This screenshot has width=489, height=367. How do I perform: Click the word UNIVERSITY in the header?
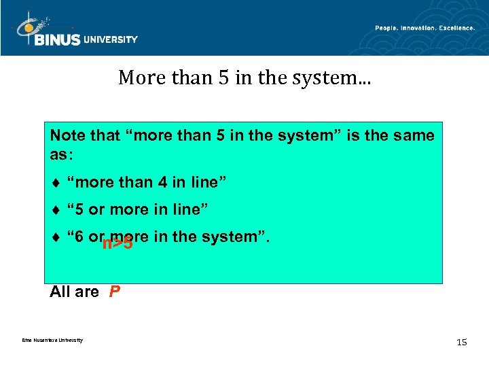click(x=110, y=39)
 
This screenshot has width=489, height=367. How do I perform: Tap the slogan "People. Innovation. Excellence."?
click(x=424, y=27)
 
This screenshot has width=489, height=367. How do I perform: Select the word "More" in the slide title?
click(x=137, y=78)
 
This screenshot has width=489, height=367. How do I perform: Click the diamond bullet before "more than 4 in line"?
click(x=55, y=182)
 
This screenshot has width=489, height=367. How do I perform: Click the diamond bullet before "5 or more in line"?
click(x=55, y=209)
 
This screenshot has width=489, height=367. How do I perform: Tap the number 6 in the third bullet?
click(x=79, y=237)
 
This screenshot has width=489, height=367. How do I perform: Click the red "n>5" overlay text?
click(x=117, y=243)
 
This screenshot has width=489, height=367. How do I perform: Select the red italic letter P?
click(x=115, y=292)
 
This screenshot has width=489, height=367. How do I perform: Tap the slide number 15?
click(x=462, y=342)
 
